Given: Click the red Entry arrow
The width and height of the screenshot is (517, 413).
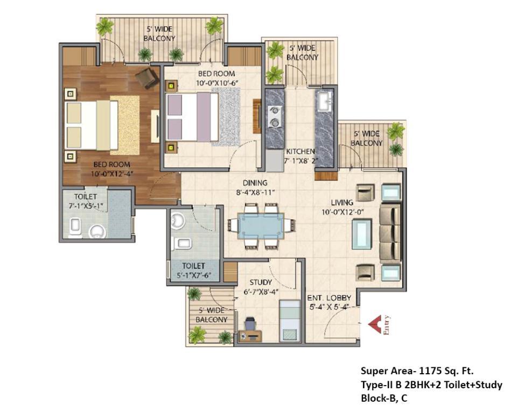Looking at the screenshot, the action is (375, 324).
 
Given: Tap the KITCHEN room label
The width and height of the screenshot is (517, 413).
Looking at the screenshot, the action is (300, 152).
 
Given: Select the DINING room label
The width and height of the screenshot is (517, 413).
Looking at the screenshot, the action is (255, 183).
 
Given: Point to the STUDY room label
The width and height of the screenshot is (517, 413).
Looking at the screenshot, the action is (261, 282).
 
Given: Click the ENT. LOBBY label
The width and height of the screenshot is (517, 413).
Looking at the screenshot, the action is (329, 298).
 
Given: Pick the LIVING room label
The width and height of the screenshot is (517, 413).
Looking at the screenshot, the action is (342, 203).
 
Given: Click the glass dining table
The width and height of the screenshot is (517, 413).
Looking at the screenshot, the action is (261, 226).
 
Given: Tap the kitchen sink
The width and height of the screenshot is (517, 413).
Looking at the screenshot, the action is (325, 101).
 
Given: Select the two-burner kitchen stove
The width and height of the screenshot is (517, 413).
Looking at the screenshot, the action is (274, 116).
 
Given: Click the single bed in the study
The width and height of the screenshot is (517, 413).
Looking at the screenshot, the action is (290, 321).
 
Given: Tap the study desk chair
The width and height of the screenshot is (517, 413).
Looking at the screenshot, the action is (250, 323).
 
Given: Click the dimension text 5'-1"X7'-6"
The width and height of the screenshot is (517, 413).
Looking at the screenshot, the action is (193, 275).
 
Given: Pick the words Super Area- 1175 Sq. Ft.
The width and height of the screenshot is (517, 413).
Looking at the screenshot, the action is (417, 371).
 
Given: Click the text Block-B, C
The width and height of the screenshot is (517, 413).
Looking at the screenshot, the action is (384, 398).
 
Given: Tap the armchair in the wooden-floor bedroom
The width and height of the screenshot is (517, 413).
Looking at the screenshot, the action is (147, 78).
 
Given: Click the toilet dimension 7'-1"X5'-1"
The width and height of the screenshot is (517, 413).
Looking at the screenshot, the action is (86, 206).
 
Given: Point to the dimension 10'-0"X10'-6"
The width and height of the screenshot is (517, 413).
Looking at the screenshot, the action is (217, 83).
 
